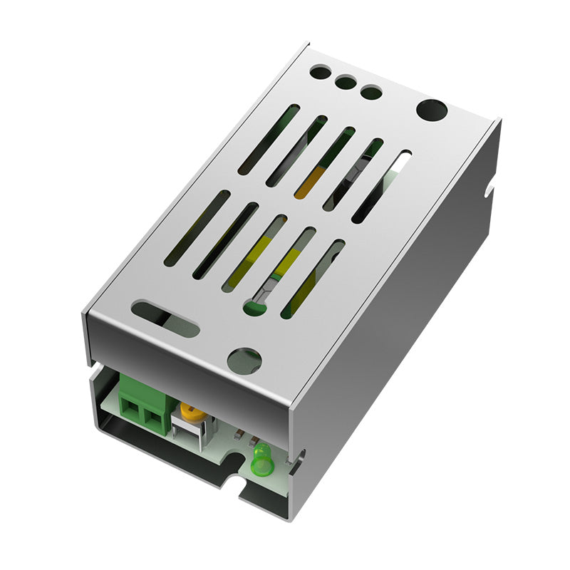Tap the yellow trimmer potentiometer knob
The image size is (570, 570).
pos(190,412)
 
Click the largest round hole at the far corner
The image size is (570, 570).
pos(431,110)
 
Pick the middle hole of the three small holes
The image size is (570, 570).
pos(346,81)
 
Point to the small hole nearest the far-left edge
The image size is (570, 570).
pos(321,72)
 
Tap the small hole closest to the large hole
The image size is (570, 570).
pos(370,91)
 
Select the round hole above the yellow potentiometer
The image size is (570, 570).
pos(244,360)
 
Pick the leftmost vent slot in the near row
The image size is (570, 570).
pos(197,228)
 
